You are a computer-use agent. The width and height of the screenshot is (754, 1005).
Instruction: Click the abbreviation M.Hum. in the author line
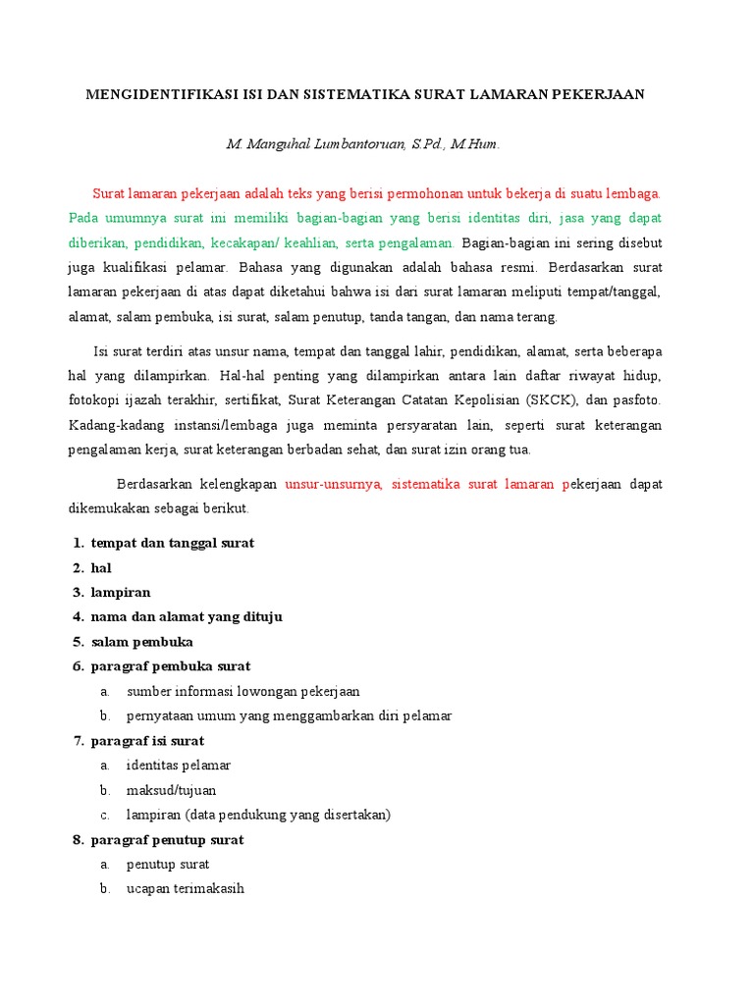476,145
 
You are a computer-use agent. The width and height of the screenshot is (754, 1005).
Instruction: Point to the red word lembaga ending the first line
634,193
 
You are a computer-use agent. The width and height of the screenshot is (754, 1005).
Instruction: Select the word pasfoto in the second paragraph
638,401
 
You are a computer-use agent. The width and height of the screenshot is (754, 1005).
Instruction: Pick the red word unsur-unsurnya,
335,485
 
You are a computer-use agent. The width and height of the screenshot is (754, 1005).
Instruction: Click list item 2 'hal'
101,568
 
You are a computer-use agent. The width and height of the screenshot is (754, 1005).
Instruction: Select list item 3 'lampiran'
121,593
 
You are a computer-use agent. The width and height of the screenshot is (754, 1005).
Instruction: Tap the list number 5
77,642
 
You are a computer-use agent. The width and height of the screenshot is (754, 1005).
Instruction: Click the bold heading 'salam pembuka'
142,642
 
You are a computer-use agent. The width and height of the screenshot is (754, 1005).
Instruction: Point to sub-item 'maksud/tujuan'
172,790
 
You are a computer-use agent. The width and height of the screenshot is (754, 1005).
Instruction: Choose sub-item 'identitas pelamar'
179,766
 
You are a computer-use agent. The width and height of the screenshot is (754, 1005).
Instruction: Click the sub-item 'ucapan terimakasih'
186,889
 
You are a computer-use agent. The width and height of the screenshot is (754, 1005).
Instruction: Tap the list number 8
77,840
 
